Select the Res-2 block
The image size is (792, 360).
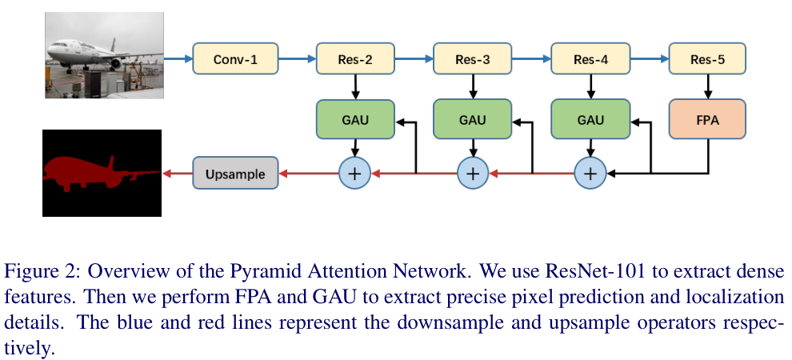point(356,58)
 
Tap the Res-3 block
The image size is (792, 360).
point(472,58)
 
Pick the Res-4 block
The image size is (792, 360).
point(590,58)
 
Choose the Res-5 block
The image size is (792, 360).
point(707,58)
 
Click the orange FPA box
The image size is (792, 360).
point(707,119)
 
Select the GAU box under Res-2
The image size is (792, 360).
point(356,119)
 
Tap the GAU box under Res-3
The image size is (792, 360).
point(472,119)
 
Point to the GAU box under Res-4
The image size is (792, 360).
point(590,119)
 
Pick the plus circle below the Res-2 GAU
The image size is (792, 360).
point(356,173)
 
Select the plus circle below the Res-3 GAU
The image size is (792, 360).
point(472,173)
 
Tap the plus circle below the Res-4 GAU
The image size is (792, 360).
point(590,173)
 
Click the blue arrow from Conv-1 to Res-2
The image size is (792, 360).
point(298,58)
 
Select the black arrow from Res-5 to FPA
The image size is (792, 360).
point(707,86)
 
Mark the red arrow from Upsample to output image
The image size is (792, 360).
point(177,173)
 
